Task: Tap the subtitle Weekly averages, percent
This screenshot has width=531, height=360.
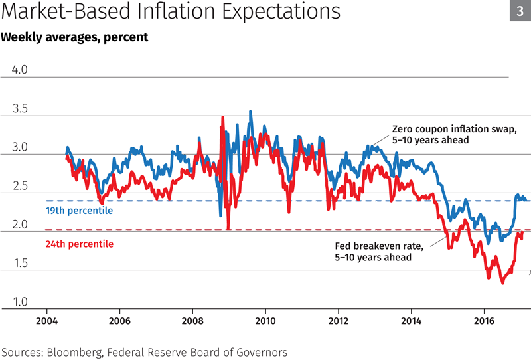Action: [74, 37]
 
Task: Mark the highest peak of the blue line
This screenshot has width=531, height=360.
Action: [250, 112]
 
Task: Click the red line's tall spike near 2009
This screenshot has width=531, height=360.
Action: [222, 117]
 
